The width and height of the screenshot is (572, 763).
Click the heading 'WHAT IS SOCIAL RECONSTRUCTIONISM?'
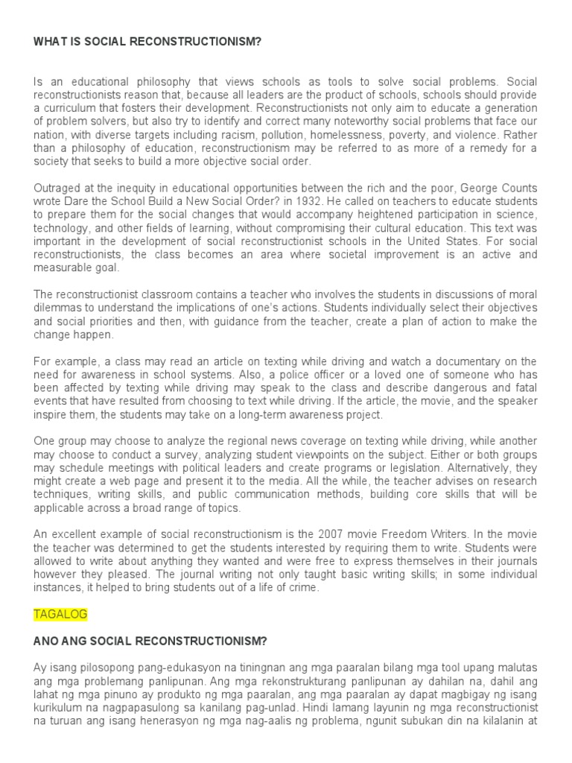[147, 42]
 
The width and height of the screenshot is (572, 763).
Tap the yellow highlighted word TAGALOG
[61, 614]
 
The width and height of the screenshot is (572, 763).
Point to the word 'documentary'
[460, 361]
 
